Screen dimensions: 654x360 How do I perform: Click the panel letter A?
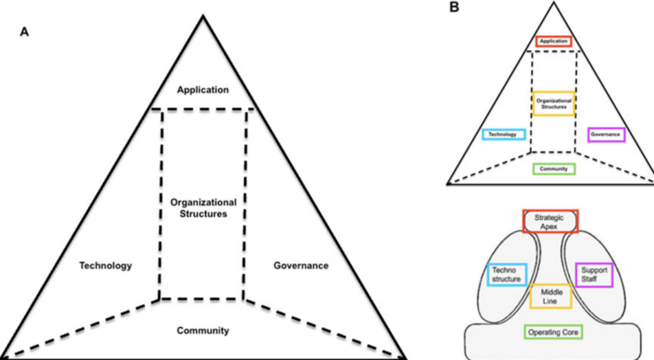[25, 32]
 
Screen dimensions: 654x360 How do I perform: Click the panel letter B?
[454, 7]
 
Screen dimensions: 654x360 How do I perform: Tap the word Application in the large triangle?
[202, 89]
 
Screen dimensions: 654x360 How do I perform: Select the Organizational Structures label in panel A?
[203, 208]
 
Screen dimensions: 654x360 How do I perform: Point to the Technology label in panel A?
[105, 266]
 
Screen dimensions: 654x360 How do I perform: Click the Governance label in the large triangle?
[301, 266]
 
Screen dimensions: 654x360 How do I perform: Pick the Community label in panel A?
[202, 331]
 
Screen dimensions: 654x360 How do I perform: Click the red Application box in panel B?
[554, 41]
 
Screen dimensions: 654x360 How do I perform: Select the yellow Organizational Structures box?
[554, 104]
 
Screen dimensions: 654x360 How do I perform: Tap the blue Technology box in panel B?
[503, 135]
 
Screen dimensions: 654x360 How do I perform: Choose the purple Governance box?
[607, 135]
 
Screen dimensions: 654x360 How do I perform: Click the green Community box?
[554, 169]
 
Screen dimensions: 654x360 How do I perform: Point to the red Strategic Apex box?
[550, 221]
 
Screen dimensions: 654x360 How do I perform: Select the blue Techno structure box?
[506, 274]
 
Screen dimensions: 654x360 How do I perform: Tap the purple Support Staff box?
[594, 274]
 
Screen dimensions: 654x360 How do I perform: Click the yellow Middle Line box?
[551, 296]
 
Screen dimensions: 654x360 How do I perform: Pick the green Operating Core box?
[553, 332]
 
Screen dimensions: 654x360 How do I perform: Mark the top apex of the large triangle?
[203, 16]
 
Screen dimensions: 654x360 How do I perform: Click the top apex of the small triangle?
[554, 2]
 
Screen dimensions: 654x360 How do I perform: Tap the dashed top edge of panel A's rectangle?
[202, 110]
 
